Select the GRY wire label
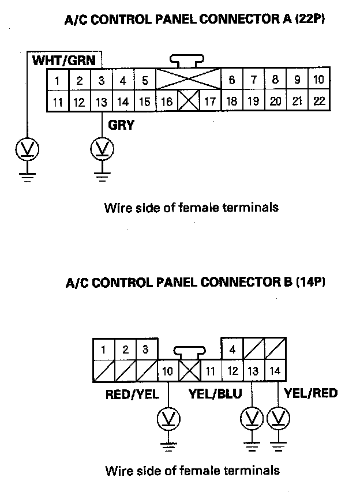121,124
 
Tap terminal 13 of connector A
101,102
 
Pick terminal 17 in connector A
210,102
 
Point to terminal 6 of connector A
232,80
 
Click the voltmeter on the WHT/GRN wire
27,150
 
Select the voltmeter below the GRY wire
102,150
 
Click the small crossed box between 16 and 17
188,102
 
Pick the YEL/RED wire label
312,393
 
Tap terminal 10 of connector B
167,371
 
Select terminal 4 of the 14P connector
232,350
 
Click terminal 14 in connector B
275,371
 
